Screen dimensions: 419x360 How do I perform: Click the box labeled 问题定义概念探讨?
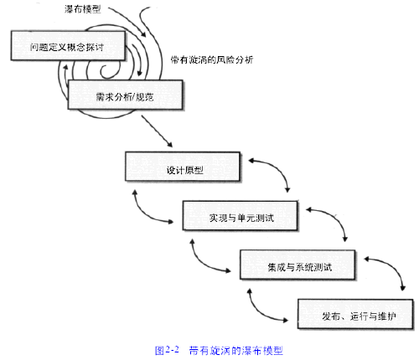pyautogui.click(x=68, y=46)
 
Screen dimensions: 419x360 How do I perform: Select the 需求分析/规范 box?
pyautogui.click(x=126, y=95)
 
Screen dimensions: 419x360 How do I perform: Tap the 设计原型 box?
pyautogui.click(x=183, y=167)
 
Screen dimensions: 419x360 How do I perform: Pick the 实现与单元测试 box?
pyautogui.click(x=241, y=216)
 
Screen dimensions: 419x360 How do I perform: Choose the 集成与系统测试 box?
pyautogui.click(x=297, y=265)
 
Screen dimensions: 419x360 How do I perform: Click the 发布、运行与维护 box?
pyautogui.click(x=355, y=314)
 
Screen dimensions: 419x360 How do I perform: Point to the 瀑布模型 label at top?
pyautogui.click(x=82, y=9)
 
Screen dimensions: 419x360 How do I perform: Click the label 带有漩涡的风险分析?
pyautogui.click(x=212, y=59)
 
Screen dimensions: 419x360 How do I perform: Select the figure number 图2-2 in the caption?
pyautogui.click(x=167, y=350)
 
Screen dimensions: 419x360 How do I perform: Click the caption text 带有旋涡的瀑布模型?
pyautogui.click(x=236, y=350)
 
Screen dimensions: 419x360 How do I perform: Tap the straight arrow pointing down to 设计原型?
pyautogui.click(x=157, y=131)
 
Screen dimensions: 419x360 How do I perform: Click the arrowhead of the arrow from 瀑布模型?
pyautogui.click(x=143, y=34)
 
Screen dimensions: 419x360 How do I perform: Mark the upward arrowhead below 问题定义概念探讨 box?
pyautogui.click(x=66, y=67)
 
